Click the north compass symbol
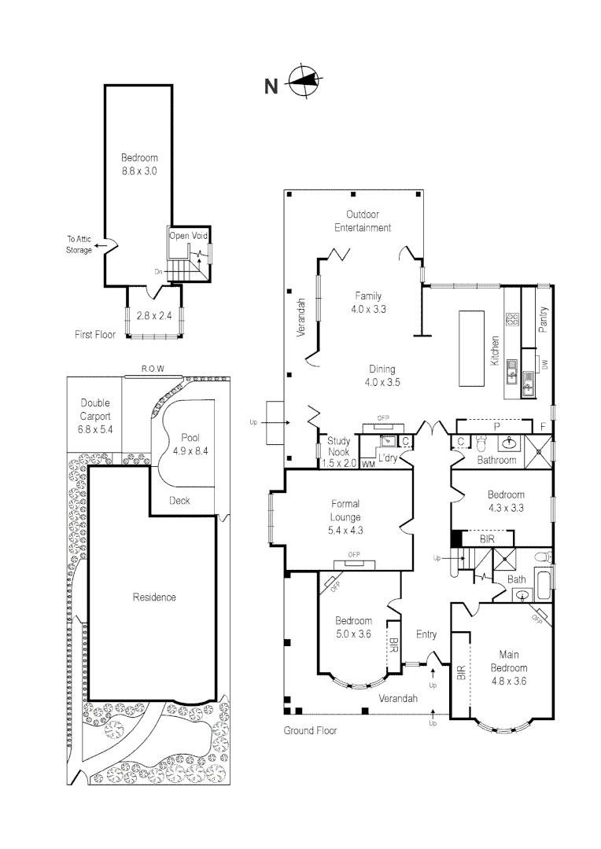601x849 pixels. tap(304, 80)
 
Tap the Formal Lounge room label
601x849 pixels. tap(345, 516)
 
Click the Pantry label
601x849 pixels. tap(543, 320)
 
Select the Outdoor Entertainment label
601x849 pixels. tap(363, 221)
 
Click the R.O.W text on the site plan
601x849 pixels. tap(152, 369)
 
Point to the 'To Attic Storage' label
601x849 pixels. tap(79, 245)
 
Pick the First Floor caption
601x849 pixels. tap(95, 335)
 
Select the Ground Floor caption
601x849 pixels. tap(310, 730)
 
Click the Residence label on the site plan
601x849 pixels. tap(154, 597)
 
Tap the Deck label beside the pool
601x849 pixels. tap(179, 501)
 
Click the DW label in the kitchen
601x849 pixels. tap(544, 363)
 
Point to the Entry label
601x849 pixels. tap(426, 634)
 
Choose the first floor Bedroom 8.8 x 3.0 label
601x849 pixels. tap(139, 164)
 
